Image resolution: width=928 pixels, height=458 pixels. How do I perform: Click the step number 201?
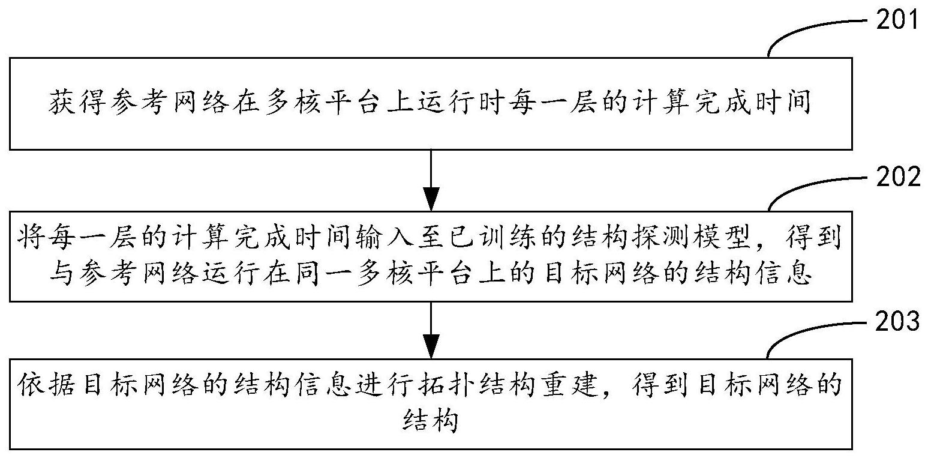point(897,19)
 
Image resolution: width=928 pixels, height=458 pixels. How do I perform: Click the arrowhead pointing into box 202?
point(431,199)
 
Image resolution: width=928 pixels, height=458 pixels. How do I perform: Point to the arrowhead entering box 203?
point(431,346)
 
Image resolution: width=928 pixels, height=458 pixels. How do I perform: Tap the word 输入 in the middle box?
point(383,238)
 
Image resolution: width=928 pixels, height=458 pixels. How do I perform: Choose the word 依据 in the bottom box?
point(46,385)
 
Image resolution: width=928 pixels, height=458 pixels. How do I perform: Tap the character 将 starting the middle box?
point(31,238)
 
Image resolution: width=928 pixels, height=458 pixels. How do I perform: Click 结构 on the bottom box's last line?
point(431,420)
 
